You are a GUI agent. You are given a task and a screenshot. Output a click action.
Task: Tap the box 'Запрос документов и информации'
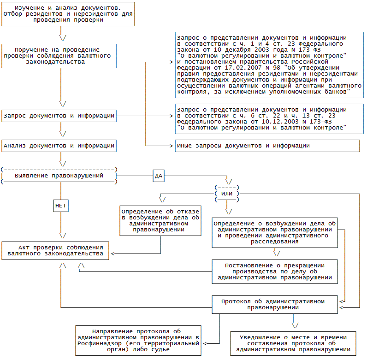(59, 116)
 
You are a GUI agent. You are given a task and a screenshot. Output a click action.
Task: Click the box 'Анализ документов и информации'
(59, 146)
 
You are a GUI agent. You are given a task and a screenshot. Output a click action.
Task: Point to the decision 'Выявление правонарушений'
(59, 176)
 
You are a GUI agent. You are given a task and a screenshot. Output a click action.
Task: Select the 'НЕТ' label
(61, 206)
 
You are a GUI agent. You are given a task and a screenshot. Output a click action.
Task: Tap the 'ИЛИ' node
(227, 193)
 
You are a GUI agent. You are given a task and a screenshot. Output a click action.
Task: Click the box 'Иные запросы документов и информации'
(267, 146)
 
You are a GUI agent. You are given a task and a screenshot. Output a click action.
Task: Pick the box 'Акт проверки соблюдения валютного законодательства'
(55, 250)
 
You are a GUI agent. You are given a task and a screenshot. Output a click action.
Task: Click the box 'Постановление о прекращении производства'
(274, 272)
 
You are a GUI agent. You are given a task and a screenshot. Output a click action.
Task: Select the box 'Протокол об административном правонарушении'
(274, 304)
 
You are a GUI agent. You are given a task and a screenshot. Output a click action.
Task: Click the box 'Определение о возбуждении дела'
(274, 232)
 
